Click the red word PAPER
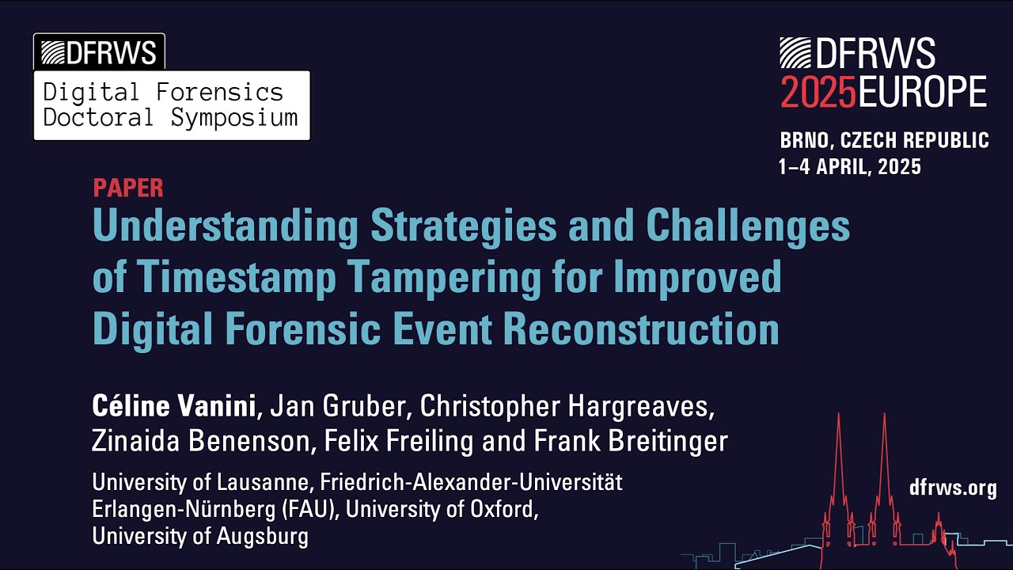[128, 188]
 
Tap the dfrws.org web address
[954, 488]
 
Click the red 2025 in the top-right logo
[818, 93]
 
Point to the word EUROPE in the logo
[923, 93]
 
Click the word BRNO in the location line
[806, 141]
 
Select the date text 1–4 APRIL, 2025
[850, 167]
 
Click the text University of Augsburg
[199, 537]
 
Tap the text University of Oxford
[442, 510]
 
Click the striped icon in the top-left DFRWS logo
[51, 52]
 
